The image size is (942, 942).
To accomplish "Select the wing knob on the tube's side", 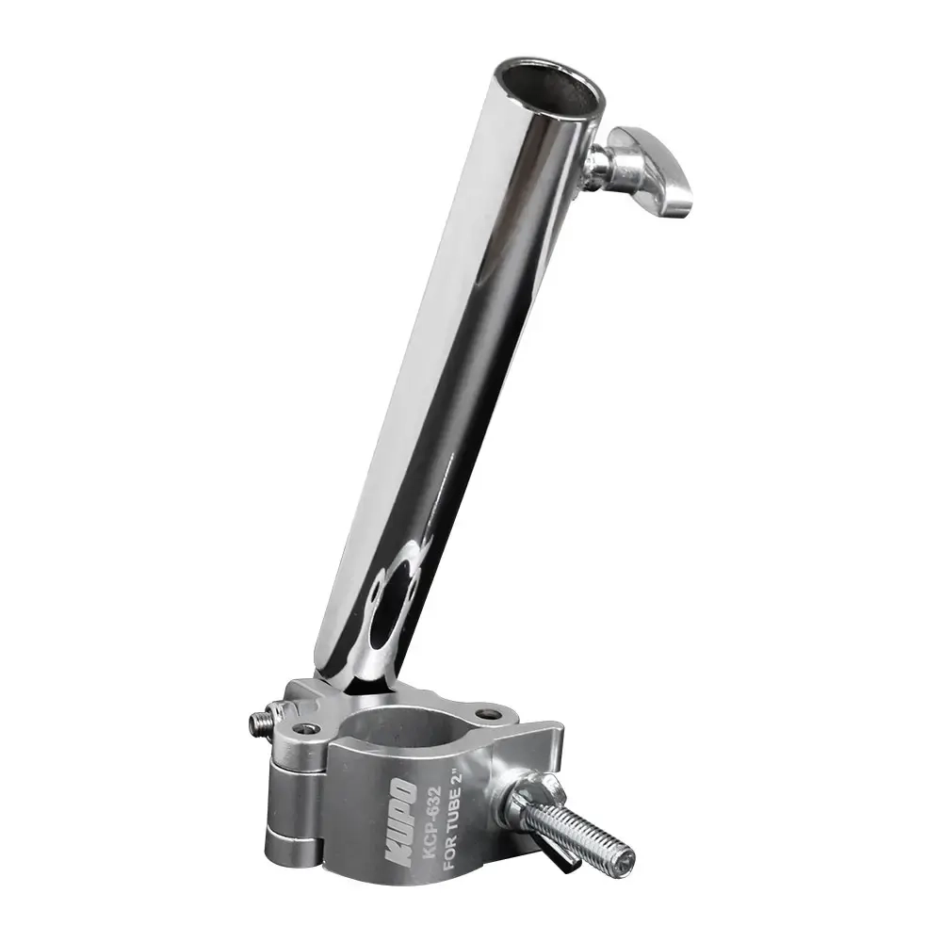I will (651, 170).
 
